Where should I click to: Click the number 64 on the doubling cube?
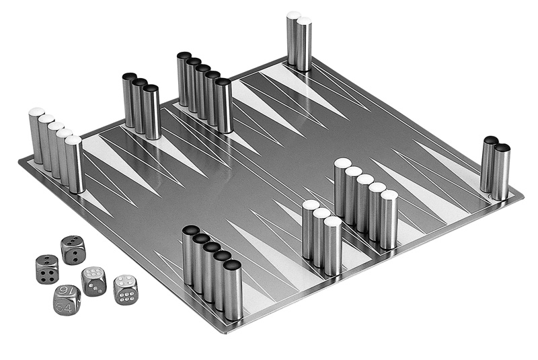(65, 306)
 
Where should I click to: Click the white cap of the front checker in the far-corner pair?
(304, 21)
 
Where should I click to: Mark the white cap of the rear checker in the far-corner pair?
(294, 15)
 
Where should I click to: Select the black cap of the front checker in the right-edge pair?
(502, 148)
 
